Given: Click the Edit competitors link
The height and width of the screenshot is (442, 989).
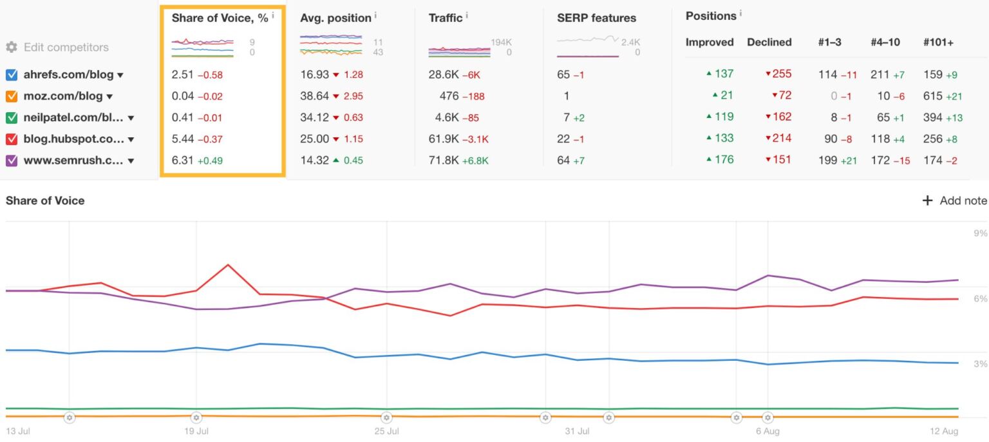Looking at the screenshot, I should tap(66, 47).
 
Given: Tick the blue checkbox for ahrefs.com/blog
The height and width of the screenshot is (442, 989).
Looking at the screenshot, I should tap(11, 75).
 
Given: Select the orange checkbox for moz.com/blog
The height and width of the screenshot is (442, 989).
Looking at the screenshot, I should tap(11, 96).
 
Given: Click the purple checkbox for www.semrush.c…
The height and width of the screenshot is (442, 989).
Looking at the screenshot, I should tap(11, 160).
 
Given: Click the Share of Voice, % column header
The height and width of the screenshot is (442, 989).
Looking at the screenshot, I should tap(220, 18).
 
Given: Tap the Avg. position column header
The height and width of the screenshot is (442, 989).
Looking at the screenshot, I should tap(335, 18).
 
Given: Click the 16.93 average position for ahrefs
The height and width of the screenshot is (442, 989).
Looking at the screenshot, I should tap(314, 75).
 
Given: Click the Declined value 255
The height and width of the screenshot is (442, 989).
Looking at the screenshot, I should tap(782, 74).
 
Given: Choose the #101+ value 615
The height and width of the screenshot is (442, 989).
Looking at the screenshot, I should tap(933, 95).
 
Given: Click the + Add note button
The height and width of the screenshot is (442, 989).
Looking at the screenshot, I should tap(954, 200).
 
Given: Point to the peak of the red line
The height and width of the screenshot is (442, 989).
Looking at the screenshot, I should tap(227, 265).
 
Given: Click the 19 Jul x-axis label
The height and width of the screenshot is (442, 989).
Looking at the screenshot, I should tap(196, 431).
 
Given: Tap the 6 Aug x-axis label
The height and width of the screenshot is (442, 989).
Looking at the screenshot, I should tap(768, 431).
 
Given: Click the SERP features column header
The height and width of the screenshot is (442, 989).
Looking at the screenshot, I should tap(596, 18).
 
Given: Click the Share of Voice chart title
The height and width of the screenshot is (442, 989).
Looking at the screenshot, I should tap(45, 200).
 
